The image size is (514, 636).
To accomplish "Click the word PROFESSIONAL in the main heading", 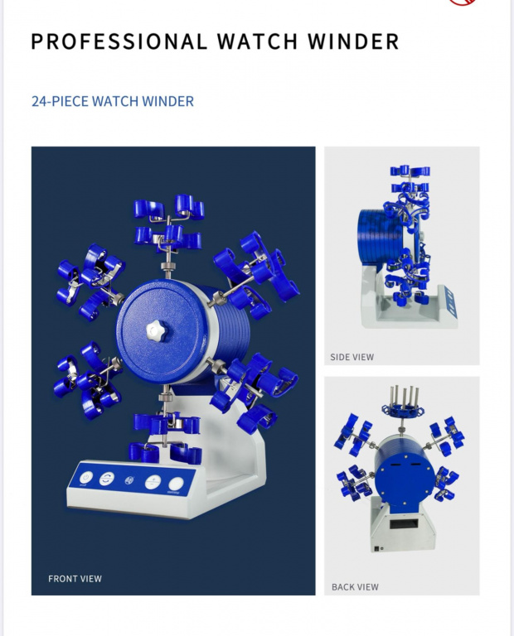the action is [x=119, y=41].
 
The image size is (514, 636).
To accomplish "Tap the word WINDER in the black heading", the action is [x=353, y=41].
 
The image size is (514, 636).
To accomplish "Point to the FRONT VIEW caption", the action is [x=75, y=579].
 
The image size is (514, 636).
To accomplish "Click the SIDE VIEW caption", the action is [x=352, y=358].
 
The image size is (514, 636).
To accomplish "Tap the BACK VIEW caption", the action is [x=356, y=587].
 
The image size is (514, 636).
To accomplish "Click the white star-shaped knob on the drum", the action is [x=157, y=331].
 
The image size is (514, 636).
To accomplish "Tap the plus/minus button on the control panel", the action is [x=153, y=482].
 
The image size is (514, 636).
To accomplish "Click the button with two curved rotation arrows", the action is [x=106, y=479].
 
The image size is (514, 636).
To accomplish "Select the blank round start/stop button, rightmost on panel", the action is [x=176, y=484].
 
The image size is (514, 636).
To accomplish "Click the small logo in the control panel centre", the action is [x=129, y=480].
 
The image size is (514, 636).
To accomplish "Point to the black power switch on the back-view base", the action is [x=377, y=549].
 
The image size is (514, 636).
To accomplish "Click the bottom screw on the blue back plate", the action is [x=405, y=503].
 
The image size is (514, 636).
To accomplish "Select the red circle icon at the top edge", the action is [x=463, y=2].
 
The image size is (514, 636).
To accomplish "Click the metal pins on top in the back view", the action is [x=405, y=397].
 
